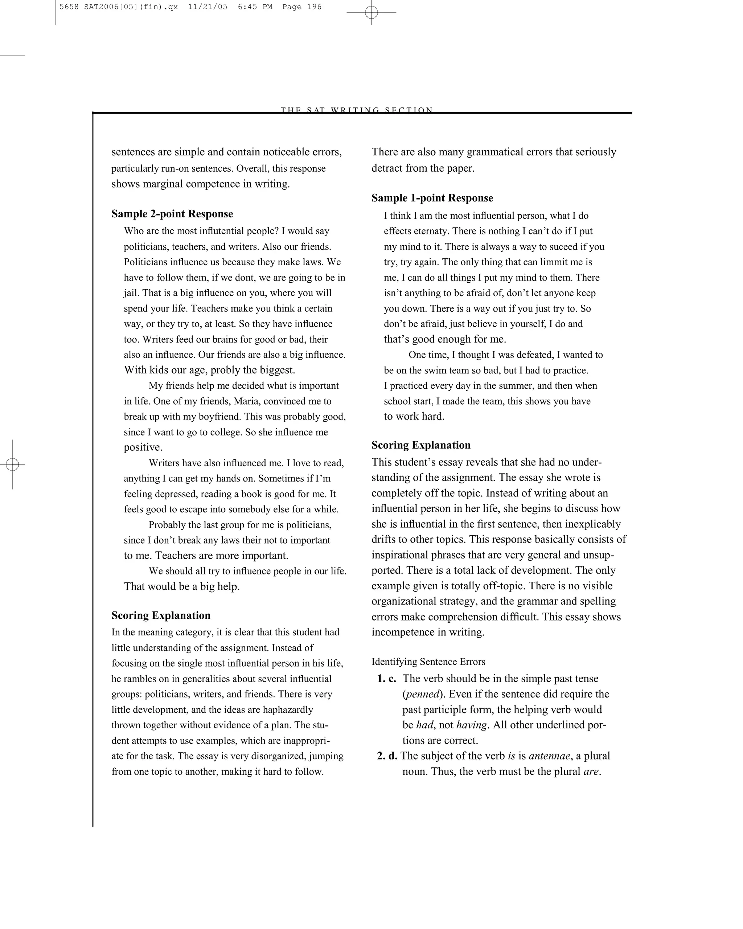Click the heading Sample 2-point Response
[x=172, y=214]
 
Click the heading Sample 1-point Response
[x=432, y=198]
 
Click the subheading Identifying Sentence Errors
[x=428, y=662]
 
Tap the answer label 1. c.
[x=386, y=679]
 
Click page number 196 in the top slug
[x=314, y=7]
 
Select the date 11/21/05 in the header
[x=208, y=7]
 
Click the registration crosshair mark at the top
[x=371, y=12]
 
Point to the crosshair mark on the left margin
[x=12, y=464]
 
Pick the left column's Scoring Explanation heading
[x=161, y=615]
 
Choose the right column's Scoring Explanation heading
[x=421, y=445]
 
